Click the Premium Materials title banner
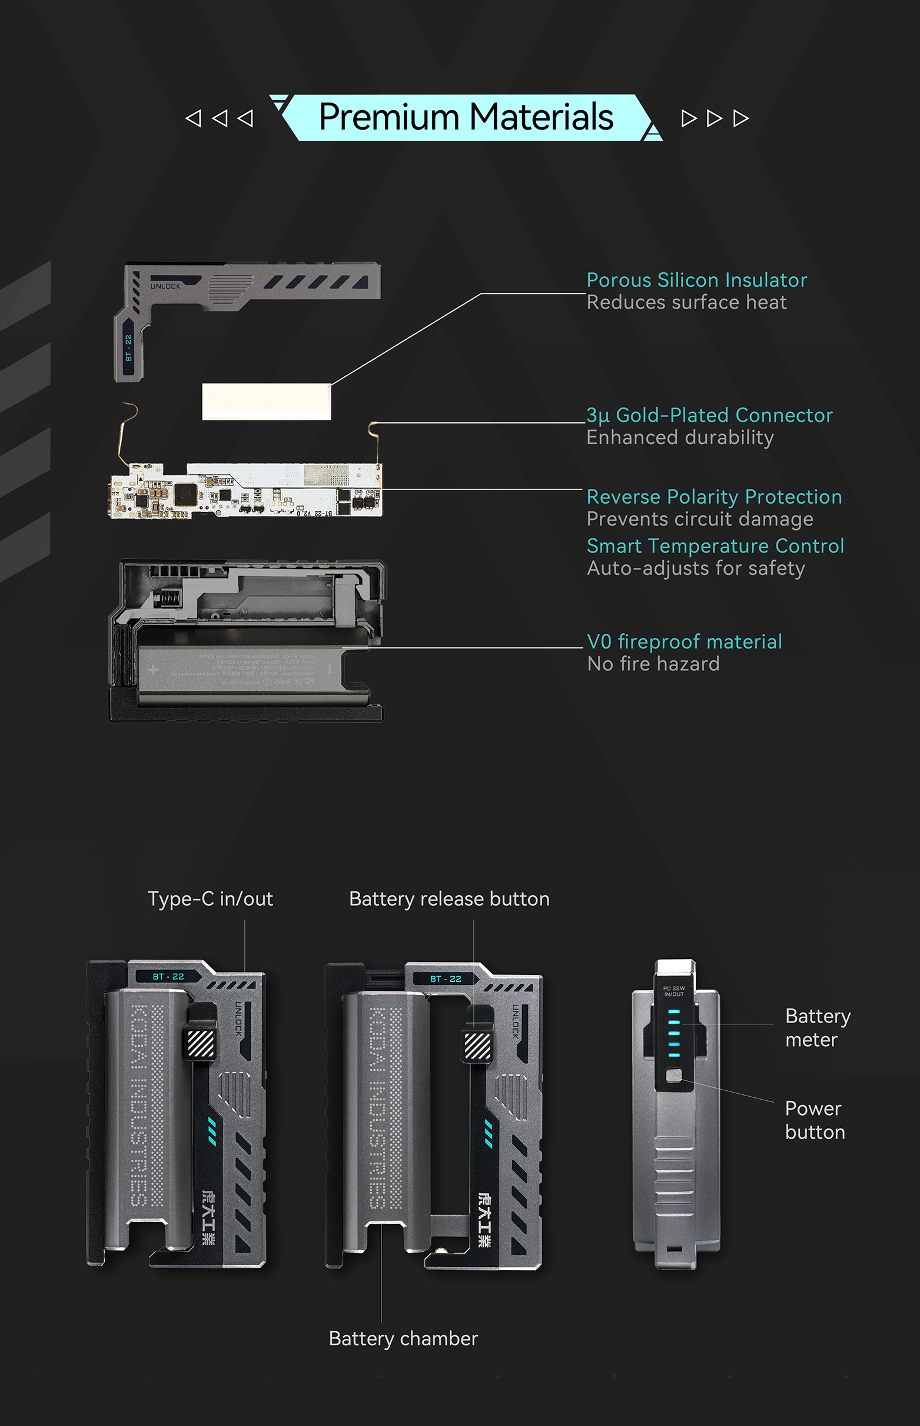[466, 117]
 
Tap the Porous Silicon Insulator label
[696, 280]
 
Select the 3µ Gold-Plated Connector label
[709, 415]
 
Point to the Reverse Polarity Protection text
[714, 497]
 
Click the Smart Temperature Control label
[715, 545]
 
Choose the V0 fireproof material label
[684, 641]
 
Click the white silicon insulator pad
[267, 402]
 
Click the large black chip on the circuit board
[186, 494]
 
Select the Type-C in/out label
[210, 899]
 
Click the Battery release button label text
[449, 899]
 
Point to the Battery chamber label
[403, 1339]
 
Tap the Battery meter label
[817, 1027]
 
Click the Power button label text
[815, 1120]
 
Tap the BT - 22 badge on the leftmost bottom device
[168, 977]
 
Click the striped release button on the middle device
[477, 1046]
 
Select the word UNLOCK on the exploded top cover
[165, 286]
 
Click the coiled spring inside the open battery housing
[168, 597]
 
